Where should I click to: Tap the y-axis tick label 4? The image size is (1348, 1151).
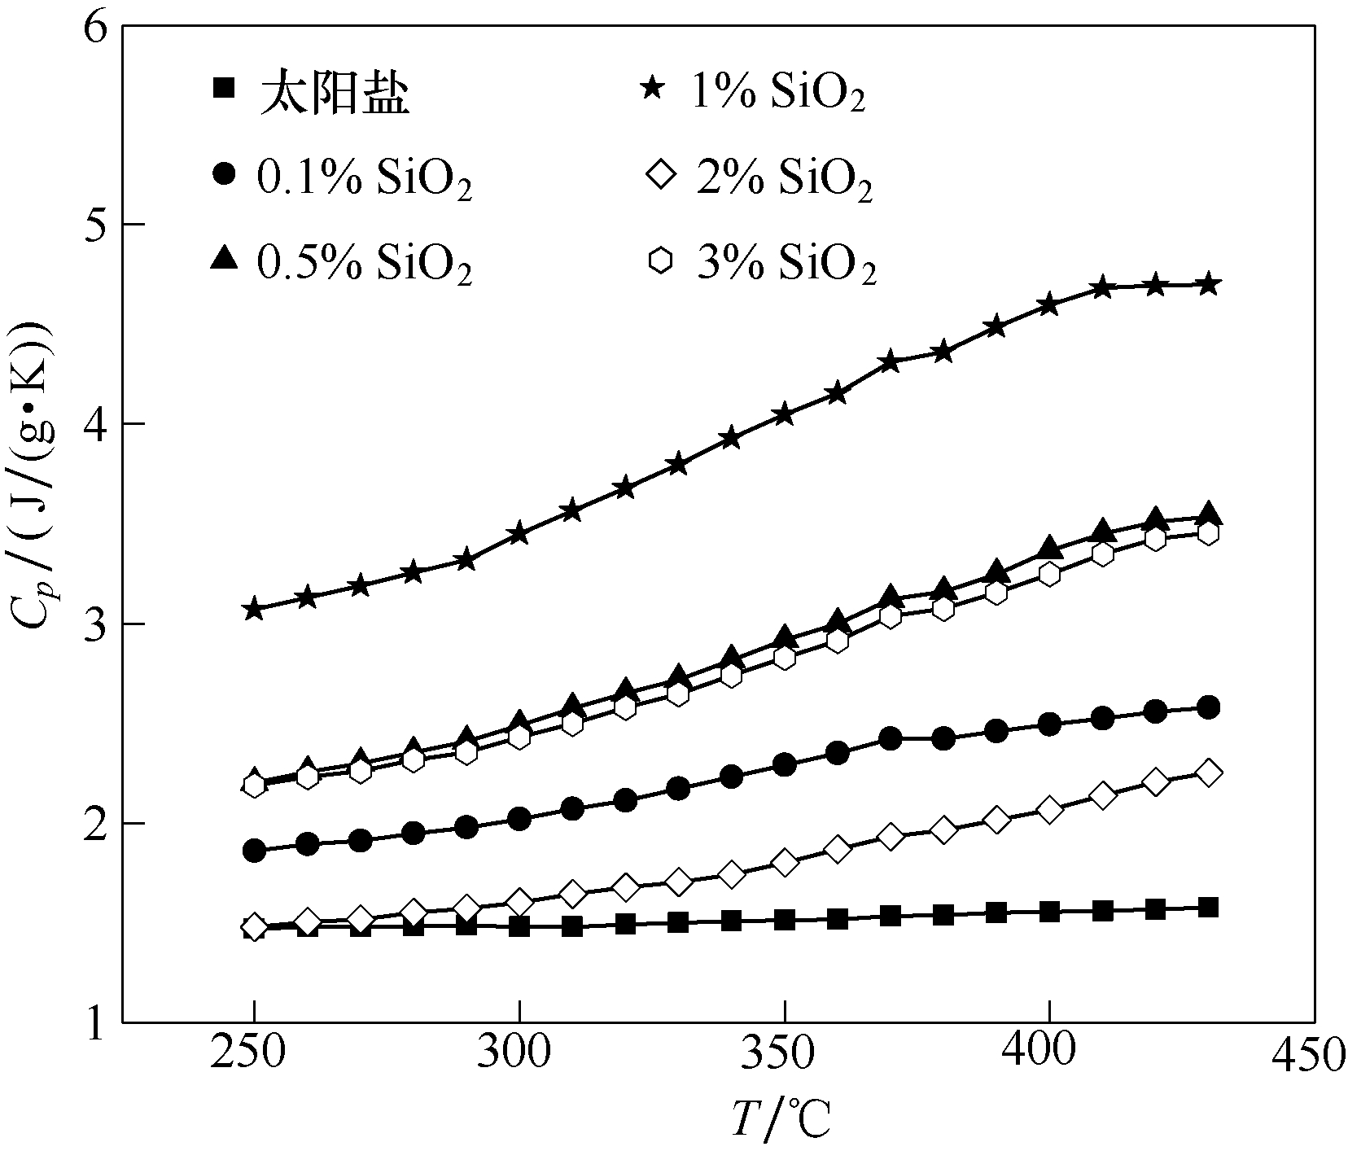97,424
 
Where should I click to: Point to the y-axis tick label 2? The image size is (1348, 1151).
97,823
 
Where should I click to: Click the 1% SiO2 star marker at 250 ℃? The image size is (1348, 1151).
254,609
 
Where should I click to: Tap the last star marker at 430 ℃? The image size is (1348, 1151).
1209,284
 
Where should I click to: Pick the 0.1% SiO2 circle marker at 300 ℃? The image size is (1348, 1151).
519,818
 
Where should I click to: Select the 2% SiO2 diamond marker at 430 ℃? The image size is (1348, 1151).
1209,772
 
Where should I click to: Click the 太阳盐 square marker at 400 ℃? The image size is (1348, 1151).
1049,911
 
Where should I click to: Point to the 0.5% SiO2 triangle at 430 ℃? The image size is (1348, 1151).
1209,514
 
